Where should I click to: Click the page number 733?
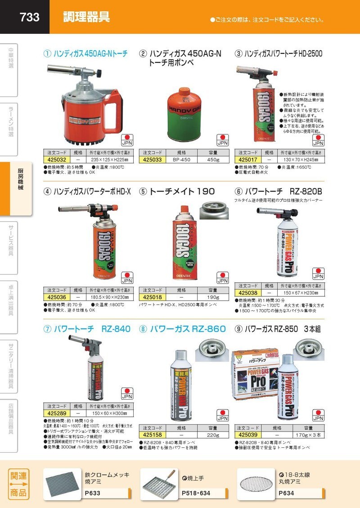[x=30, y=17]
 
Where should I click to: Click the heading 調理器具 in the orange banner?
[x=86, y=17]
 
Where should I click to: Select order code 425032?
[x=57, y=159]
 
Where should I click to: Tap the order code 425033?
[x=152, y=159]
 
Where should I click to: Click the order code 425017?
[x=247, y=159]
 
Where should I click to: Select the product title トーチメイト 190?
[x=176, y=191]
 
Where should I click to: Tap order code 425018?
[x=152, y=298]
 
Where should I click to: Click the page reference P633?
[x=93, y=493]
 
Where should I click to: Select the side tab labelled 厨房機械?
[x=20, y=183]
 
